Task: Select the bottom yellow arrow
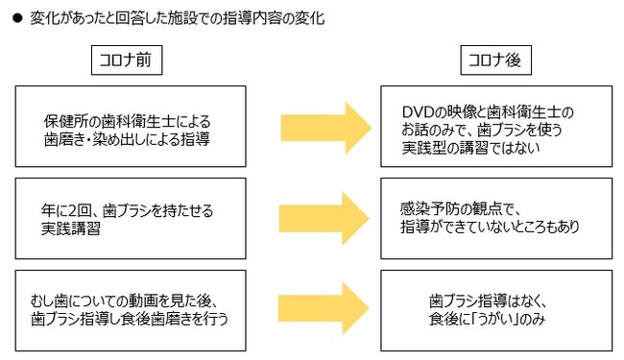point(325,308)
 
